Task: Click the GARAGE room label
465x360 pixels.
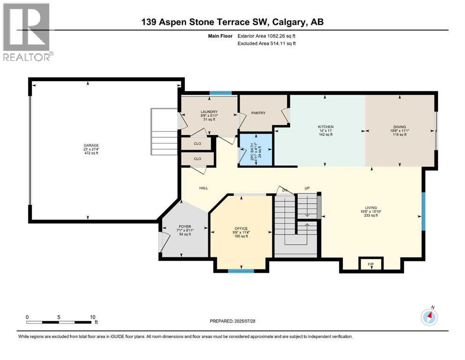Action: [x=91, y=145]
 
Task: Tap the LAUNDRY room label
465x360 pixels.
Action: [x=209, y=112]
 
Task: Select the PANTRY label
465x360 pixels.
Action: [x=258, y=113]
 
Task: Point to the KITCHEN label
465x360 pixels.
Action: [x=325, y=127]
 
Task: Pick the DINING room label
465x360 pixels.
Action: [x=400, y=127]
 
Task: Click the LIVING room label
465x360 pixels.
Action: [x=371, y=208]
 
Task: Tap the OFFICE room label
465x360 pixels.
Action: [x=241, y=229]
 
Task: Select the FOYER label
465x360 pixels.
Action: [x=185, y=226]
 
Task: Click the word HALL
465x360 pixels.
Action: [x=204, y=188]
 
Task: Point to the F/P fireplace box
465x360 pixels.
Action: [x=371, y=263]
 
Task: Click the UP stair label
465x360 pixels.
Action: [x=307, y=188]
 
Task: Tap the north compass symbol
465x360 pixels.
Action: [x=429, y=317]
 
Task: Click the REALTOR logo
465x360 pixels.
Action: [x=27, y=32]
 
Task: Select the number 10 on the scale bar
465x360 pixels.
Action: [x=93, y=317]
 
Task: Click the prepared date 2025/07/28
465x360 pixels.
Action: [x=245, y=321]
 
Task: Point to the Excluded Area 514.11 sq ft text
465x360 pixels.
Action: [x=266, y=43]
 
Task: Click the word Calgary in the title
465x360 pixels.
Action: [x=289, y=22]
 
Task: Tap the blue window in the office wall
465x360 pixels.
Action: [x=241, y=270]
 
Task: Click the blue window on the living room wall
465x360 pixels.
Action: [x=423, y=211]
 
